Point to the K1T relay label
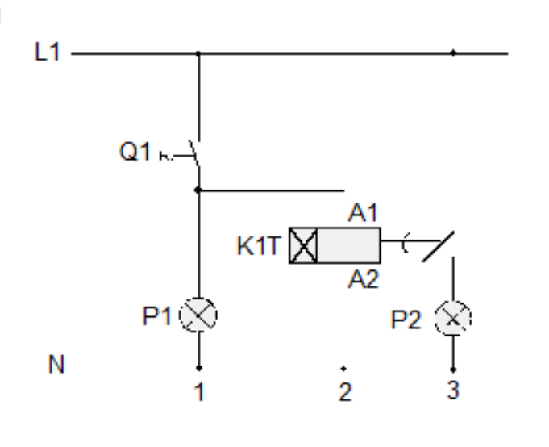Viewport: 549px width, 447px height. point(256,245)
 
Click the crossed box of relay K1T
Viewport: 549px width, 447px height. point(303,245)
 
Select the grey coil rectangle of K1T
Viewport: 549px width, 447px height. point(348,245)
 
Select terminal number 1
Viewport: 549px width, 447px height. point(198,393)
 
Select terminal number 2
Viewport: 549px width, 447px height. point(344,393)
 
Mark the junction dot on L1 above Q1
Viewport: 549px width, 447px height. point(198,55)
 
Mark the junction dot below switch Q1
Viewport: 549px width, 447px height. point(198,191)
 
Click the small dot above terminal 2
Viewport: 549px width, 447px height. point(344,366)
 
